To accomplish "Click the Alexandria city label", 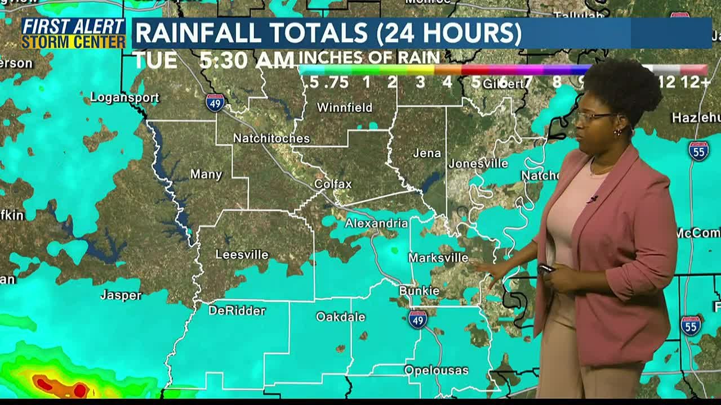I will [376, 223].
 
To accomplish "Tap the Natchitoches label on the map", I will [272, 138].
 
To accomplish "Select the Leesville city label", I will [242, 255].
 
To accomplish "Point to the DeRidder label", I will [237, 310].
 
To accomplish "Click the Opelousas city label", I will [437, 370].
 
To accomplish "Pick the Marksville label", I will [438, 258].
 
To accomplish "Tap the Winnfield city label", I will [345, 107].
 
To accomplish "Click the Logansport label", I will [124, 97].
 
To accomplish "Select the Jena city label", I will [426, 153].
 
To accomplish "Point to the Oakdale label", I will [341, 317].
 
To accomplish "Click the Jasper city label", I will [121, 295].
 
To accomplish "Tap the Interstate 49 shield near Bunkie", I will [417, 319].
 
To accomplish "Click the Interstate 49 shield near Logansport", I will [215, 102].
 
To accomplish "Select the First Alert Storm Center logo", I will [73, 33].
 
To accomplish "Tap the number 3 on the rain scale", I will [420, 82].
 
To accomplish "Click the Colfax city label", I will [333, 184].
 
